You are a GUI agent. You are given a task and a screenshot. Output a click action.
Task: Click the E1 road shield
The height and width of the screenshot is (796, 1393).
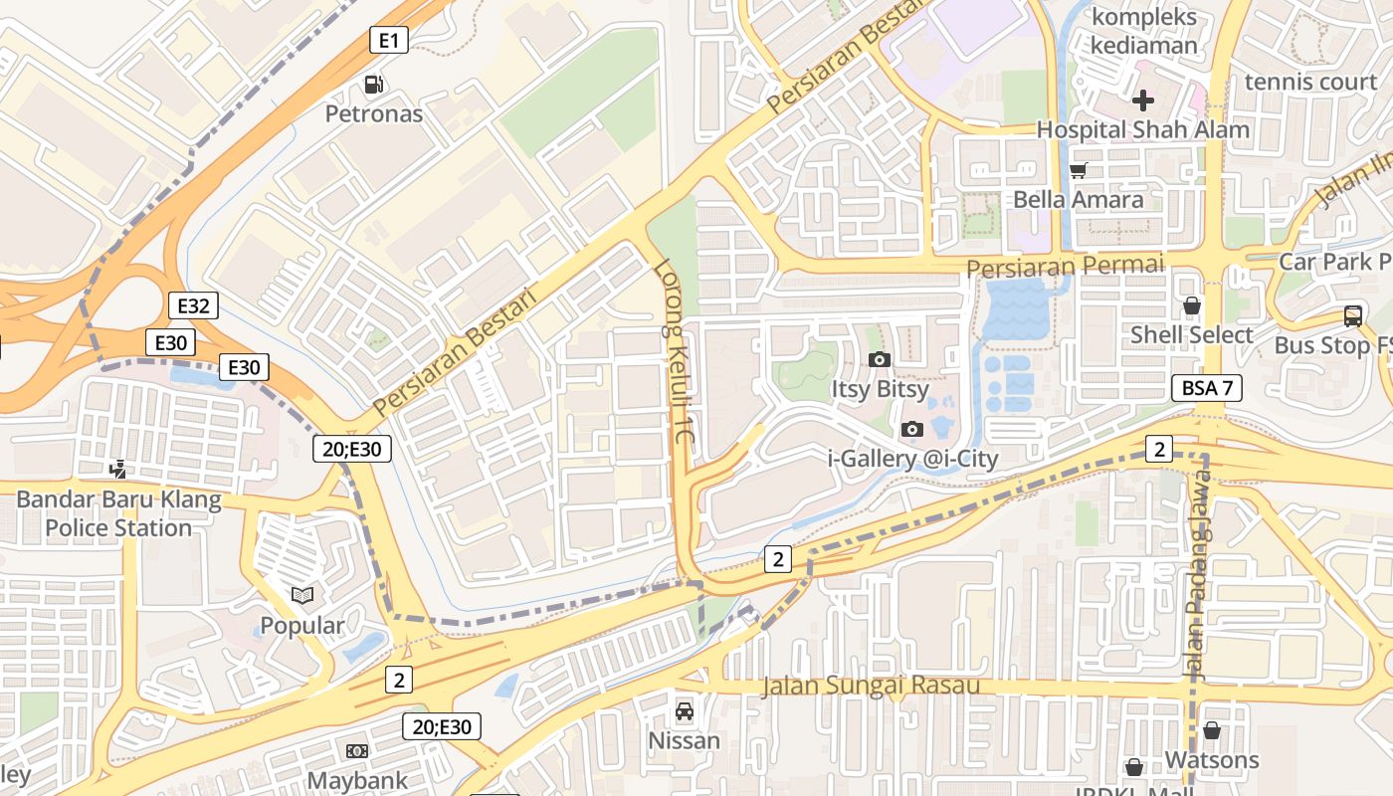coord(389,40)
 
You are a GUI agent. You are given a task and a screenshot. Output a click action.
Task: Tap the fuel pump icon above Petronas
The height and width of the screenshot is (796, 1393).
coord(374,86)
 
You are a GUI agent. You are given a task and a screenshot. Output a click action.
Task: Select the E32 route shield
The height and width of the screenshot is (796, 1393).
coord(193,305)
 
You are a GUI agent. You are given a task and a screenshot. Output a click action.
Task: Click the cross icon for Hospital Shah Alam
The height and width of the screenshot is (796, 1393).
coord(1142,99)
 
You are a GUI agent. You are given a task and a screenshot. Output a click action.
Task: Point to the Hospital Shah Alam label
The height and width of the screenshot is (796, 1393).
coord(1142,129)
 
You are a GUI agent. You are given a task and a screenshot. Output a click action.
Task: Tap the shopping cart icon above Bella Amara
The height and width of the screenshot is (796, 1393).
coord(1079,170)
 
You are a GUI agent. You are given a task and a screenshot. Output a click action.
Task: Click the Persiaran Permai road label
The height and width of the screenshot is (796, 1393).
coord(1065,267)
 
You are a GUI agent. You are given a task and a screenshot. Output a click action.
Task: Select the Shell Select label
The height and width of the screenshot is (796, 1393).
coord(1191,335)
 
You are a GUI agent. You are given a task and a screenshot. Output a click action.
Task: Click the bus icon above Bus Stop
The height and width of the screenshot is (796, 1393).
coord(1352,316)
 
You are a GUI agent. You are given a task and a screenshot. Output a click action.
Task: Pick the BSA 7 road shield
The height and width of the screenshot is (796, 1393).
coord(1206,388)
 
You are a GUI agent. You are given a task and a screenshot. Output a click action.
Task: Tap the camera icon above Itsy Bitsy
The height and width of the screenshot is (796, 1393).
coord(879,359)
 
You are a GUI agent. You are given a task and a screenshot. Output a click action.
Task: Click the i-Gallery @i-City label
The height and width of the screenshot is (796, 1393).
coord(912,458)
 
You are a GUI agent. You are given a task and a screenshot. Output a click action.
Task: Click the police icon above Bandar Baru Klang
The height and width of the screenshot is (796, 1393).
coord(118,469)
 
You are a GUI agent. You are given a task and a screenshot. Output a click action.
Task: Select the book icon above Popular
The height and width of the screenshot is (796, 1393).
coord(302,595)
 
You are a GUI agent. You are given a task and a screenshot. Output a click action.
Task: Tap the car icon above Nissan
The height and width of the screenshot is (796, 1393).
coord(684,711)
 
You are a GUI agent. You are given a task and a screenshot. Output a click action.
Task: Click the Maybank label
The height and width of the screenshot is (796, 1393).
coord(357,780)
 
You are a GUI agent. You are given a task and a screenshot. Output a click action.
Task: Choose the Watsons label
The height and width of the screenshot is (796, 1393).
coord(1211,760)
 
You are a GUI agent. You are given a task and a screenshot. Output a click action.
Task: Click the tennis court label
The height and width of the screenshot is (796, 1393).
coord(1310,82)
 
